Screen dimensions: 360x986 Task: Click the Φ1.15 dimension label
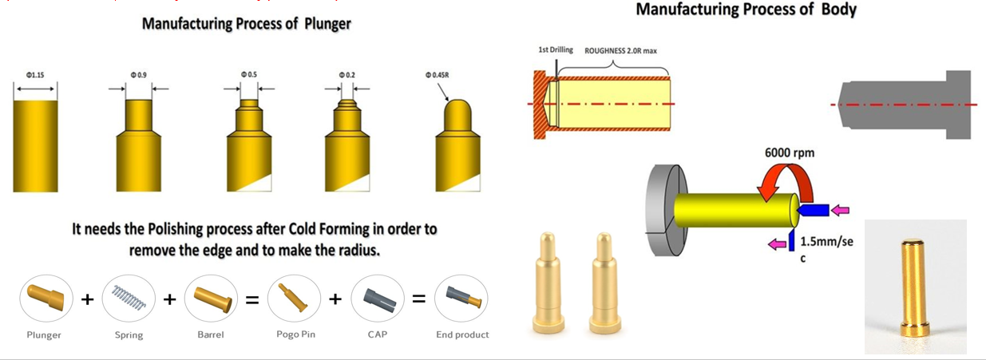pos(34,75)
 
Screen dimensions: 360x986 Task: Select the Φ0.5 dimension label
pos(249,74)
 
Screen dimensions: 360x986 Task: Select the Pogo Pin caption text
pos(295,334)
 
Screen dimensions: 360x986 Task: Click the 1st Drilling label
pos(556,50)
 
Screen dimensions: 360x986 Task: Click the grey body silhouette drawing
pos(902,105)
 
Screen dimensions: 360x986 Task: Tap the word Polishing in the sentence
pos(176,229)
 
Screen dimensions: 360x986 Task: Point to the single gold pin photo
pos(914,287)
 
